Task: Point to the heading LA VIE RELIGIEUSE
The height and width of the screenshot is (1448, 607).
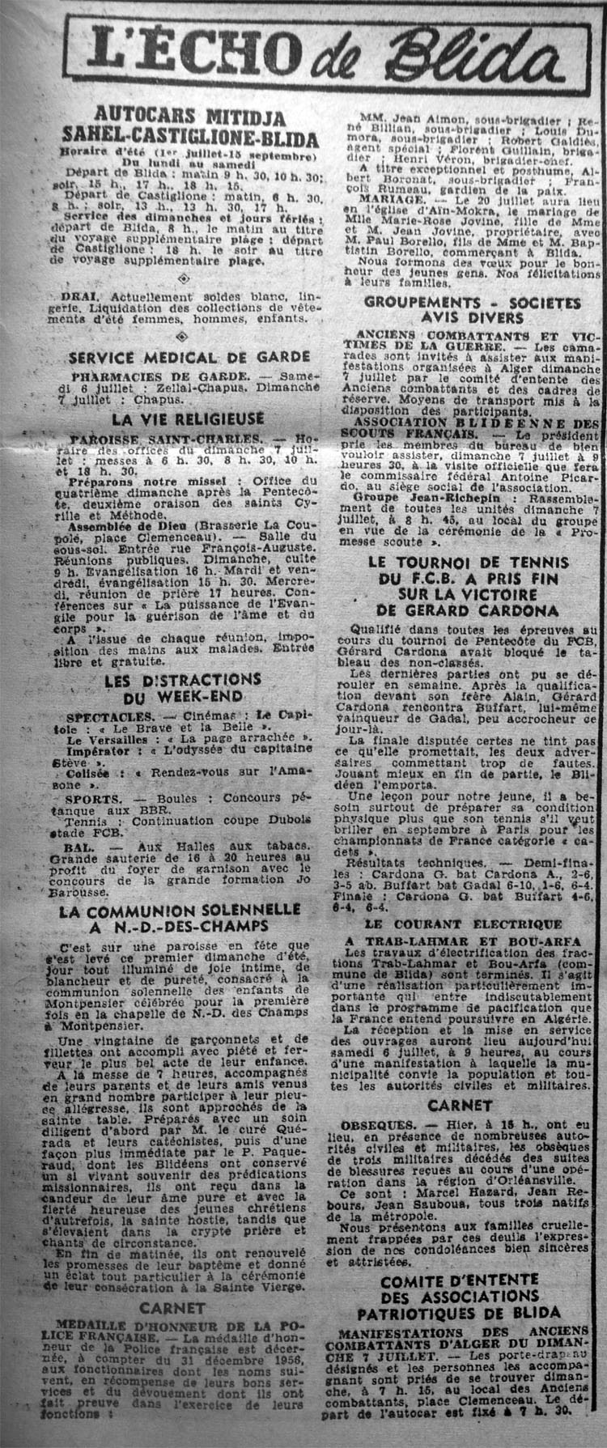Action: click(x=188, y=419)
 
